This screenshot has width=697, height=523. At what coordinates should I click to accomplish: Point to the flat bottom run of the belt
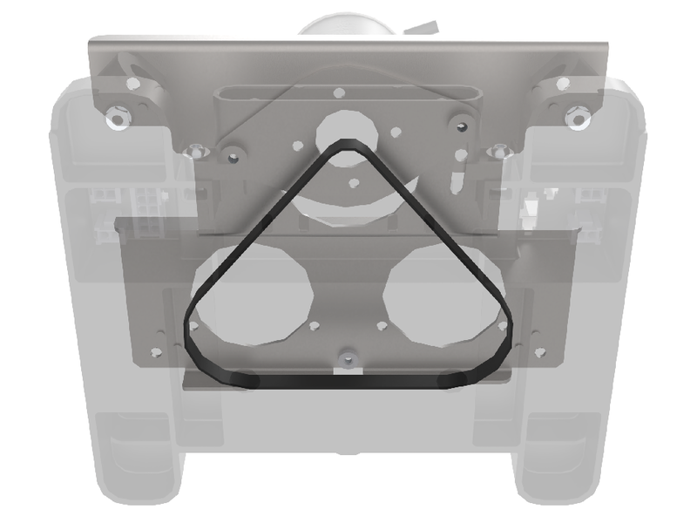(x=348, y=382)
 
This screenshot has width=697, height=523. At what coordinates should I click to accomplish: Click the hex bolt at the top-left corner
(x=117, y=115)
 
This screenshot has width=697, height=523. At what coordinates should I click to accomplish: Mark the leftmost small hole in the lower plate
(x=155, y=352)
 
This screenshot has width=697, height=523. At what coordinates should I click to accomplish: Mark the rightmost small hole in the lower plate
(x=542, y=352)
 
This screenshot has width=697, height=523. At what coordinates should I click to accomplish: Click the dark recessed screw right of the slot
(x=459, y=126)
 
